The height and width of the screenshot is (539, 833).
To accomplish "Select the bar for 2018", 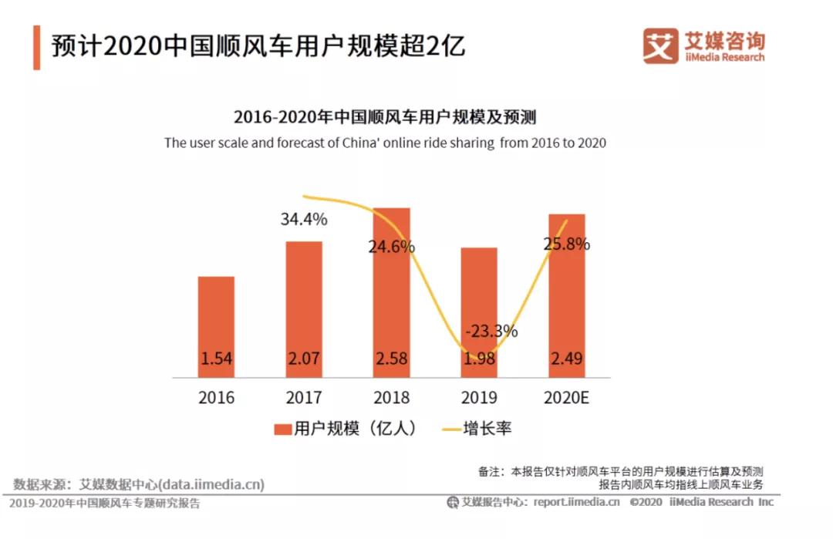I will tap(392, 293).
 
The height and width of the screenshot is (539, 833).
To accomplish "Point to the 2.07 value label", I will tap(304, 359).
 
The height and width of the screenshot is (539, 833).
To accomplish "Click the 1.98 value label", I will tap(479, 359).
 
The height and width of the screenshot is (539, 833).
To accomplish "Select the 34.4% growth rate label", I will tap(304, 219).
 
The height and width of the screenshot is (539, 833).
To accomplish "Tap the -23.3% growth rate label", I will tap(491, 332).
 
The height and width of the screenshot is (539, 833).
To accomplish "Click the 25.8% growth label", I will tap(567, 244).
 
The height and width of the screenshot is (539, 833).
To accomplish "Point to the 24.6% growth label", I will tap(392, 247).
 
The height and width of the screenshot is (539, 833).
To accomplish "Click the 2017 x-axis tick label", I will tap(304, 399).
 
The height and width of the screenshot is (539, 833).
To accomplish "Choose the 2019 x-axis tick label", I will tap(479, 399).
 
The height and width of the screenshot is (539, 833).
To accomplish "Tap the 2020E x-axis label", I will tap(567, 399).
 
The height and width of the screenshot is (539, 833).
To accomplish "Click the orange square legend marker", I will tap(282, 430).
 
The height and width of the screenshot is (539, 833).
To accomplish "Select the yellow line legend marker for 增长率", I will tap(450, 430).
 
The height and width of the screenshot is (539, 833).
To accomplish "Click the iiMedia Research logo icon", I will tap(660, 45).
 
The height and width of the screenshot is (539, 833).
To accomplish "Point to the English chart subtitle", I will tap(385, 143).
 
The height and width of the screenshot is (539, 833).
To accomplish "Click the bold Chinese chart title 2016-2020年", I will tap(385, 117).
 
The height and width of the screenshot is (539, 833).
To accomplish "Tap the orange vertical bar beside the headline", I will tap(36, 47).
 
